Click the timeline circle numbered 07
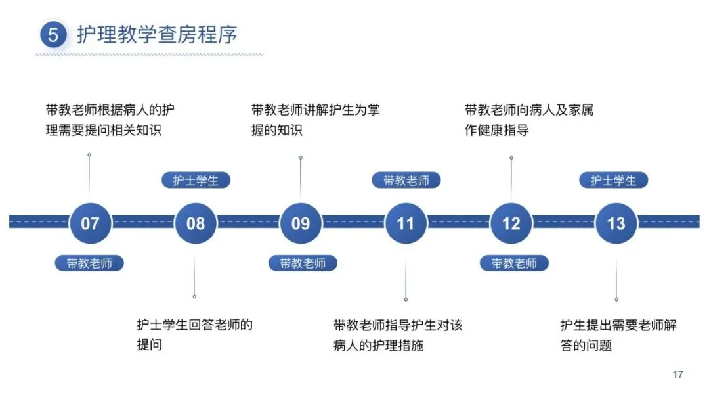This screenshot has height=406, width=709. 90,223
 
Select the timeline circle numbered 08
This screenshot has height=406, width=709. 196,223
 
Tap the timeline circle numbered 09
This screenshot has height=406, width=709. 301,223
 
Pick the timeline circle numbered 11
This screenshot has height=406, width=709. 406,223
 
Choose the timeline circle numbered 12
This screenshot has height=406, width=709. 511,223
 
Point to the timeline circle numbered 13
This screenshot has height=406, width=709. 616,223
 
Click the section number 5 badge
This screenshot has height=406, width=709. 53,35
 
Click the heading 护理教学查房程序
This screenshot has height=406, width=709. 157,35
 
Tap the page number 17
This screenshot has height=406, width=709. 677,374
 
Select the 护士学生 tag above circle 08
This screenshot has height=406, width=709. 196,181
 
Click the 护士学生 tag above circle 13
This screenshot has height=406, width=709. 613,181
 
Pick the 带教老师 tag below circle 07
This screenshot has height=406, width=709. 89,263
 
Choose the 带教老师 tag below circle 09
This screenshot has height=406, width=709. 303,263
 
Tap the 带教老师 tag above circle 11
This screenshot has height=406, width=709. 406,181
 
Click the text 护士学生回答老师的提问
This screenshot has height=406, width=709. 194,334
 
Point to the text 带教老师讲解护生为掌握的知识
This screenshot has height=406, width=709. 315,120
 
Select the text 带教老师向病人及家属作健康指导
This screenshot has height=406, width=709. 528,120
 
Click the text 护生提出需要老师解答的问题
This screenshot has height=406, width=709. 618,334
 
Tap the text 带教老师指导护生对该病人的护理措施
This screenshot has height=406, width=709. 398,334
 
